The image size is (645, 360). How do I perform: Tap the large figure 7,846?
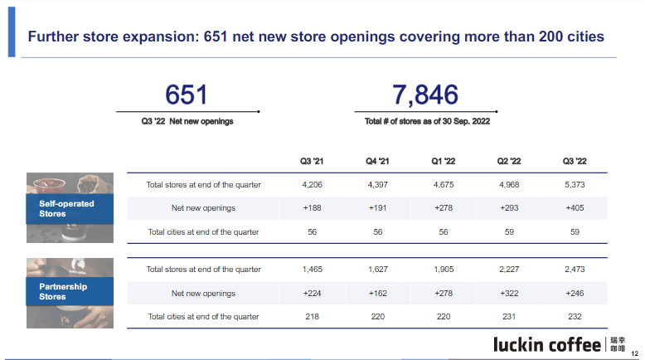click(425, 94)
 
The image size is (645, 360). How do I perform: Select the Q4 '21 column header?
click(377, 161)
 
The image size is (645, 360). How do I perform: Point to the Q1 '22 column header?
click(444, 161)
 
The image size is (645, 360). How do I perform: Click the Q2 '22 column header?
click(509, 161)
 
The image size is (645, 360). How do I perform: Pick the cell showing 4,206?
click(312, 184)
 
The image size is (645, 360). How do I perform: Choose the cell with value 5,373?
click(575, 184)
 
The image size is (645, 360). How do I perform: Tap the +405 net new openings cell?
click(575, 208)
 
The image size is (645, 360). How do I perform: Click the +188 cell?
click(312, 208)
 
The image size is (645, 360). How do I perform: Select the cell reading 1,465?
click(312, 269)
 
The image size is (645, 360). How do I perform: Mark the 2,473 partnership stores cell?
click(575, 269)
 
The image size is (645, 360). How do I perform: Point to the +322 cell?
click(509, 293)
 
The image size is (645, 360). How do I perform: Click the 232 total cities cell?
click(575, 317)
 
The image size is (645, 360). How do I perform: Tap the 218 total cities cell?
click(312, 317)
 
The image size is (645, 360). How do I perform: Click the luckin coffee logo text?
click(546, 343)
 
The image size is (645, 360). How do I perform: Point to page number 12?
click(634, 352)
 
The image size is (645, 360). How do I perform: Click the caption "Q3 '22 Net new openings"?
click(187, 121)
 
